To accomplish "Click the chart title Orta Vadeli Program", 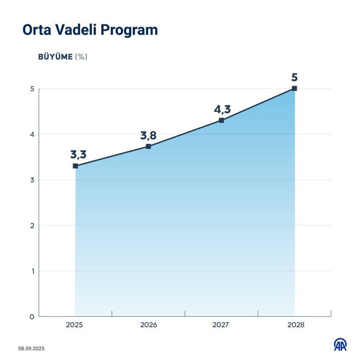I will pyautogui.click(x=90, y=30).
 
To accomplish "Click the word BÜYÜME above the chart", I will pyautogui.click(x=55, y=57).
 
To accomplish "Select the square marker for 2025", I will pyautogui.click(x=76, y=166).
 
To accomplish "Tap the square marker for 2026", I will pyautogui.click(x=148, y=146).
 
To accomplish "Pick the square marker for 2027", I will pyautogui.click(x=221, y=120).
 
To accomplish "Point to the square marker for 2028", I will pyautogui.click(x=294, y=89).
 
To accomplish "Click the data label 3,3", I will pyautogui.click(x=78, y=155).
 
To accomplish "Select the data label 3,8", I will pyautogui.click(x=149, y=135).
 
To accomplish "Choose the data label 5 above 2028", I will pyautogui.click(x=294, y=78).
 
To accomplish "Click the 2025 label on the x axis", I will pyautogui.click(x=75, y=326).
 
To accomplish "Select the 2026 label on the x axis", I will pyautogui.click(x=148, y=326).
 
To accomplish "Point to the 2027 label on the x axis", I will pyautogui.click(x=221, y=326).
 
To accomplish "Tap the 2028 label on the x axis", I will pyautogui.click(x=295, y=326).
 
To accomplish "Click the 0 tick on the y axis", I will pyautogui.click(x=32, y=317).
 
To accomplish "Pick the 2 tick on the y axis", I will pyautogui.click(x=32, y=226).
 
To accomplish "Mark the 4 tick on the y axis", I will pyautogui.click(x=32, y=134).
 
